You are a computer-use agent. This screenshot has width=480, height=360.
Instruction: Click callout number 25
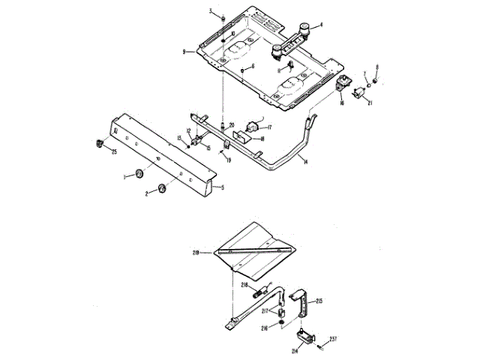[115, 152]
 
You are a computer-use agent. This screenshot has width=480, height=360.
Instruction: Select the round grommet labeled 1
[139, 175]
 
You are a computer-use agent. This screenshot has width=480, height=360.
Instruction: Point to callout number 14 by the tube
[305, 161]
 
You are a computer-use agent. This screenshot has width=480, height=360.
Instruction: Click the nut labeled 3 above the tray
[224, 16]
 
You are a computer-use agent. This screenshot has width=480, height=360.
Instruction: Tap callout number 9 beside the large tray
[183, 51]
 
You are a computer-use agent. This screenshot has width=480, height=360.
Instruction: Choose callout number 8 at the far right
[376, 67]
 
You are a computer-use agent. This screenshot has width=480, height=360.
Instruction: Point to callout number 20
[232, 124]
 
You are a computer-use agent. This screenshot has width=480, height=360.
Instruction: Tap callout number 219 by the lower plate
[196, 253]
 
